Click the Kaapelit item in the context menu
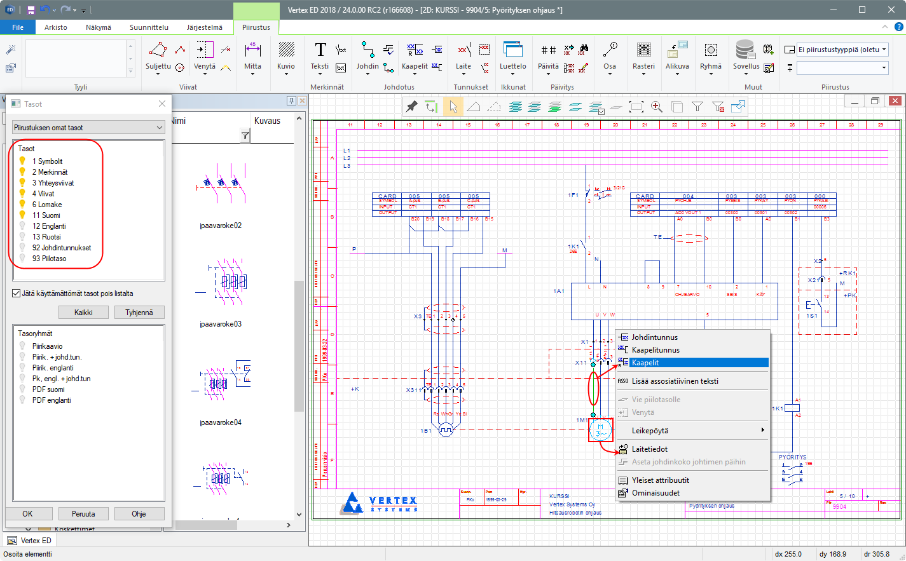(645, 363)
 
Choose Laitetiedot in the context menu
(649, 449)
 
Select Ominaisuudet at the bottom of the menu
(655, 493)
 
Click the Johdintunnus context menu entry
(654, 337)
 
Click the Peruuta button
(83, 514)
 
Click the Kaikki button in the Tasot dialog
(83, 313)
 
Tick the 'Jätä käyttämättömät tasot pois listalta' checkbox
(17, 294)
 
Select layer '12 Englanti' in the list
(49, 226)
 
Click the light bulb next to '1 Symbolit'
(23, 161)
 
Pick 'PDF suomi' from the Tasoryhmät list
(48, 389)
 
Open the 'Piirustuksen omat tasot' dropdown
(88, 128)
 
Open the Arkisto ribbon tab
(56, 27)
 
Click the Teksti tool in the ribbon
(320, 56)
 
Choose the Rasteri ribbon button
(643, 56)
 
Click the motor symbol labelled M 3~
(600, 431)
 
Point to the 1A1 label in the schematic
(558, 291)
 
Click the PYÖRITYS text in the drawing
(792, 457)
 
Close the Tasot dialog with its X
(162, 104)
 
